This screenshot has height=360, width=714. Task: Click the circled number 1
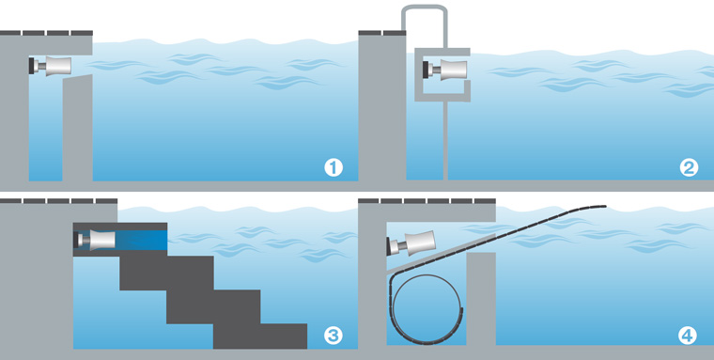click(334, 168)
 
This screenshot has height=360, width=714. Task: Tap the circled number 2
click(689, 168)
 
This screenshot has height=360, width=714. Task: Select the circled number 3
click(334, 336)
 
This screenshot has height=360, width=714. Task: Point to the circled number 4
click(687, 336)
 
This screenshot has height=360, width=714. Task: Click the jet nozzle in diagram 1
click(50, 66)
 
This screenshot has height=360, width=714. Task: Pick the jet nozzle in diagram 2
click(445, 70)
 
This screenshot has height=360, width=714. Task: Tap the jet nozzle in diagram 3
click(94, 240)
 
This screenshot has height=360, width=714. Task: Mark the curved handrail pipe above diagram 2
click(425, 7)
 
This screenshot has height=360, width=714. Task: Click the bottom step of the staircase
click(260, 337)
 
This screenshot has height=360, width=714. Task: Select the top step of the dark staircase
click(166, 273)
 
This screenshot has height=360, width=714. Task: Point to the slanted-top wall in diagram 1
click(77, 128)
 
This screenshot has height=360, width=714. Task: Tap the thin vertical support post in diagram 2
click(446, 140)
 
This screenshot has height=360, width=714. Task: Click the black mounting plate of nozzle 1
click(31, 66)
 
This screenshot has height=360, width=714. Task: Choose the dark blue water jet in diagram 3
click(141, 240)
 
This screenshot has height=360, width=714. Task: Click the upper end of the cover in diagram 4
click(606, 207)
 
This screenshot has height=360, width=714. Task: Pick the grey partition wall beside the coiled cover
click(481, 299)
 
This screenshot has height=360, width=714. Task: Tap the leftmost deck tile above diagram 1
click(10, 33)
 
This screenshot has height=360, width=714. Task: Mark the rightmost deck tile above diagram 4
click(485, 201)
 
